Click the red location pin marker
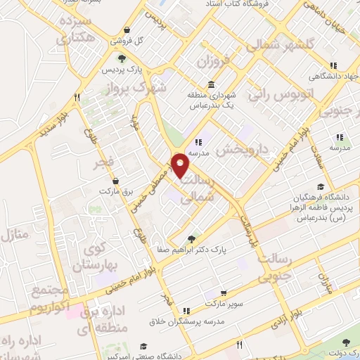tap(181, 165)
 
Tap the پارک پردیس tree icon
tap(122, 59)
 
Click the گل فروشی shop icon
tap(126, 30)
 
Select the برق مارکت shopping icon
tap(115, 181)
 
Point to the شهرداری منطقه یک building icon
tap(212, 84)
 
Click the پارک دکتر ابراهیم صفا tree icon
tap(192, 238)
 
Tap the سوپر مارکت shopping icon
tap(223, 293)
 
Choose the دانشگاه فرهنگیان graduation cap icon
tap(321, 186)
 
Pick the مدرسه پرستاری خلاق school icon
tap(186, 310)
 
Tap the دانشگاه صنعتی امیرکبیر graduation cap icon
tap(143, 347)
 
